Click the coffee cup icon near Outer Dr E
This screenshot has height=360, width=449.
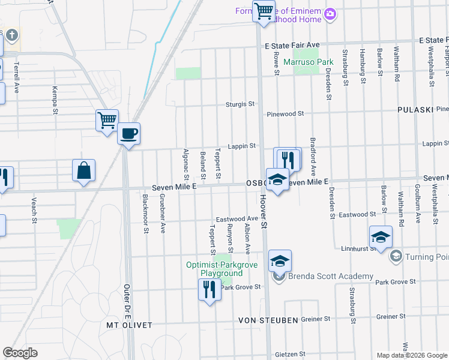pyautogui.click(x=128, y=133)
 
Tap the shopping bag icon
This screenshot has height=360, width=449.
pyautogui.click(x=83, y=170)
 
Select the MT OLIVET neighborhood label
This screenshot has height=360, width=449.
pyautogui.click(x=129, y=325)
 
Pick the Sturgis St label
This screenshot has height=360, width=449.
pyautogui.click(x=240, y=104)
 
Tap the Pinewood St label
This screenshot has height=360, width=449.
pyautogui.click(x=286, y=113)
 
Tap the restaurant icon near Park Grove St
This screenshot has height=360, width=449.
pyautogui.click(x=209, y=290)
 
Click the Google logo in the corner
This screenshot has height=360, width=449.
pyautogui.click(x=20, y=353)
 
